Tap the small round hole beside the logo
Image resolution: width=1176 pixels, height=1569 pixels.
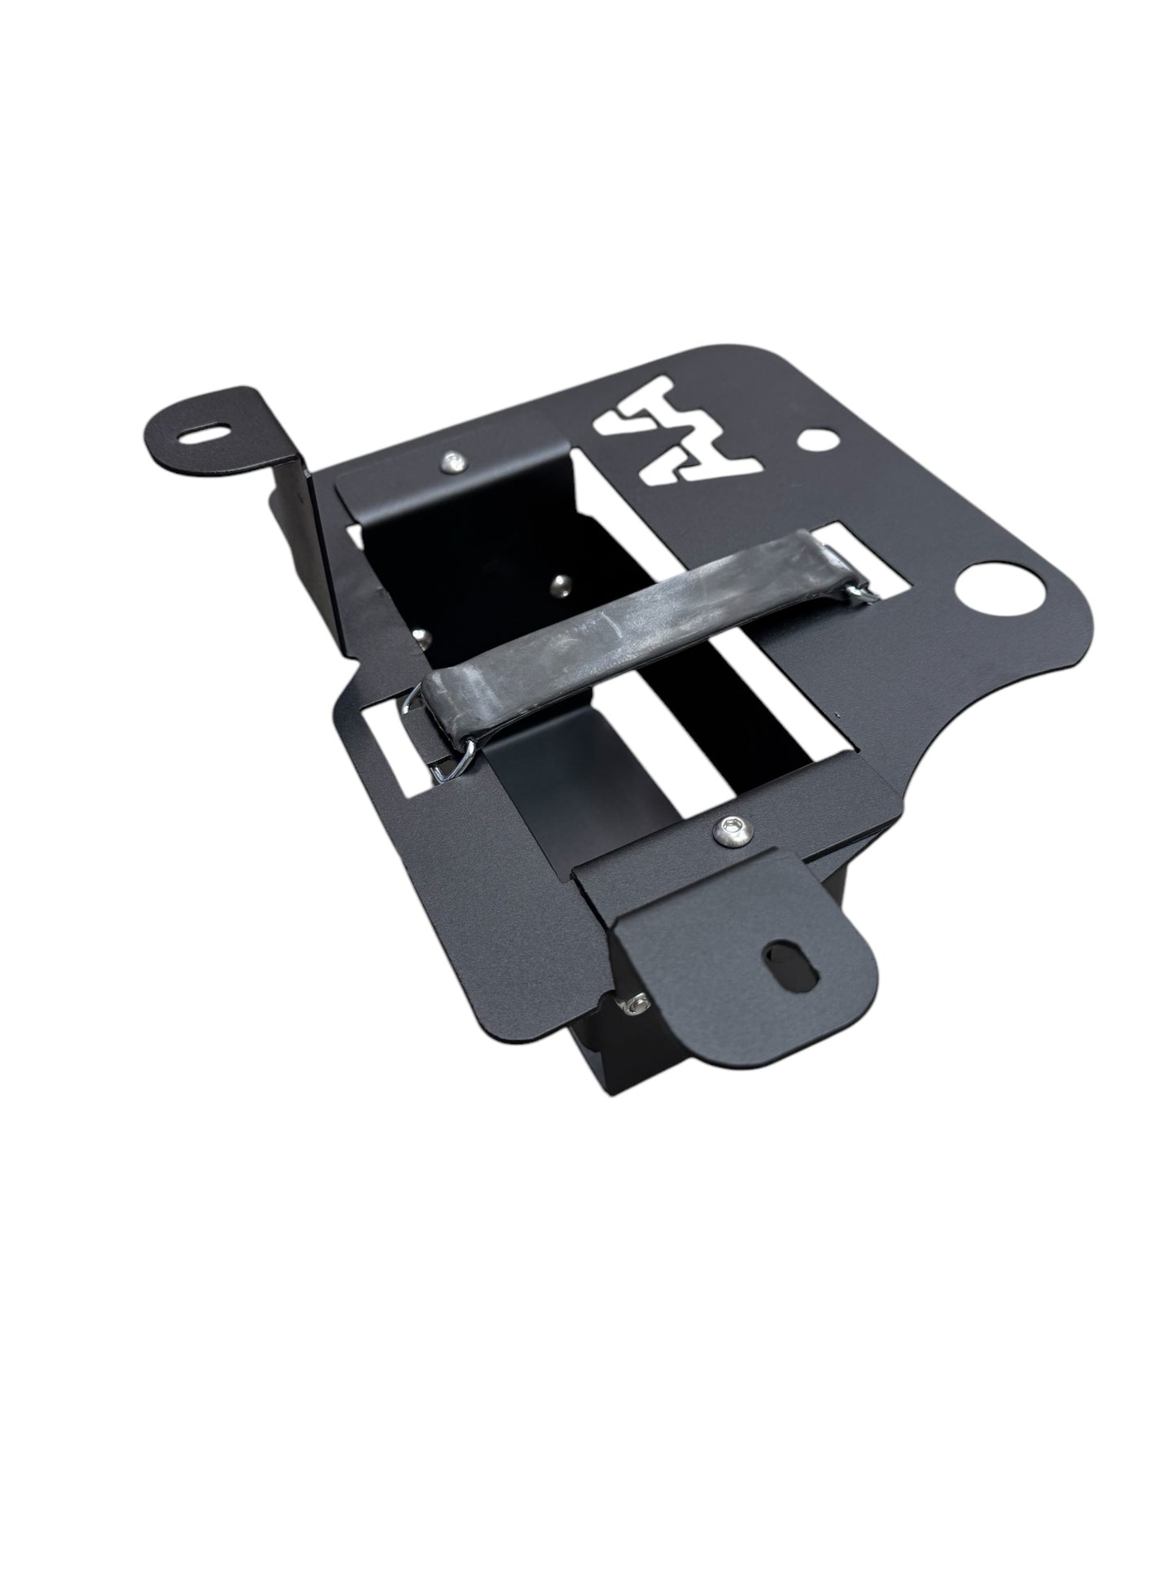[812, 440]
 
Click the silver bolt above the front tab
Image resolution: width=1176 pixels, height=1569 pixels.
[724, 830]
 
